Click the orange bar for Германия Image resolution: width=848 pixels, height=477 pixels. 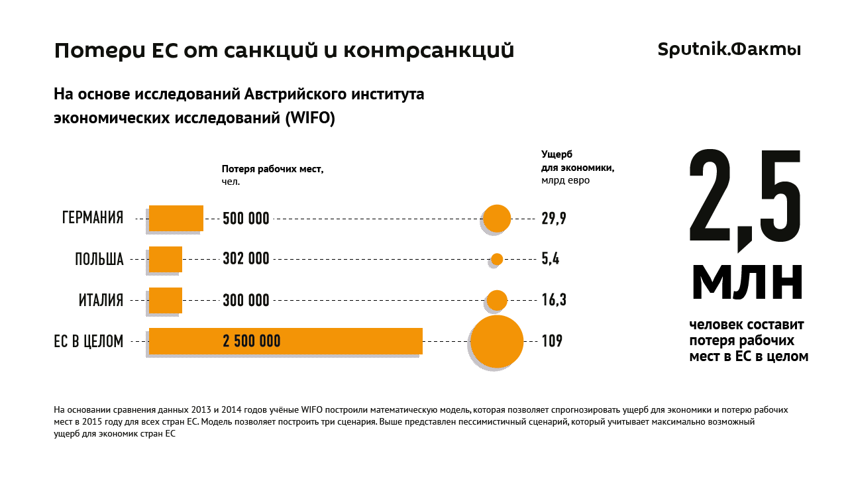pos(176,218)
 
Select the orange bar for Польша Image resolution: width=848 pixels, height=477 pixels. pos(165,259)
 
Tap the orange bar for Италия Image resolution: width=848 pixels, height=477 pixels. pos(165,300)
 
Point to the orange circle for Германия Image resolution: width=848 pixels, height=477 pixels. pos(497,218)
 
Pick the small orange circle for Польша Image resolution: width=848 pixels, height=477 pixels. pos(497,259)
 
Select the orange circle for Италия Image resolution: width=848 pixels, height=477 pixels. pos(497,300)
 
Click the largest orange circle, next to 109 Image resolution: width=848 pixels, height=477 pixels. pos(497,341)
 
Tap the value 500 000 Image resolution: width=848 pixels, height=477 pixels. pos(246,219)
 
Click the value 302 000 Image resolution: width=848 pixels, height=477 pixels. pos(246,259)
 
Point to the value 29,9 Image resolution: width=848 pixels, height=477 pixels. pos(554,219)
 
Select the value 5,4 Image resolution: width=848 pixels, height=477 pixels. pos(551,259)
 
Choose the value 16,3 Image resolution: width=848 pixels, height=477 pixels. pos(554,300)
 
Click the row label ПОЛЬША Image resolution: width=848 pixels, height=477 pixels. pos(99,259)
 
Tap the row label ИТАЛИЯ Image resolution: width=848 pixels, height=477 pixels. pos(101,300)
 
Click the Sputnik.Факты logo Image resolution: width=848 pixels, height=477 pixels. pos(729,50)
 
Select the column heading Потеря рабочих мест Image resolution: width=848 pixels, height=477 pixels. pos(272,169)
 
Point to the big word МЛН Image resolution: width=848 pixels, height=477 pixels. pos(747,281)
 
